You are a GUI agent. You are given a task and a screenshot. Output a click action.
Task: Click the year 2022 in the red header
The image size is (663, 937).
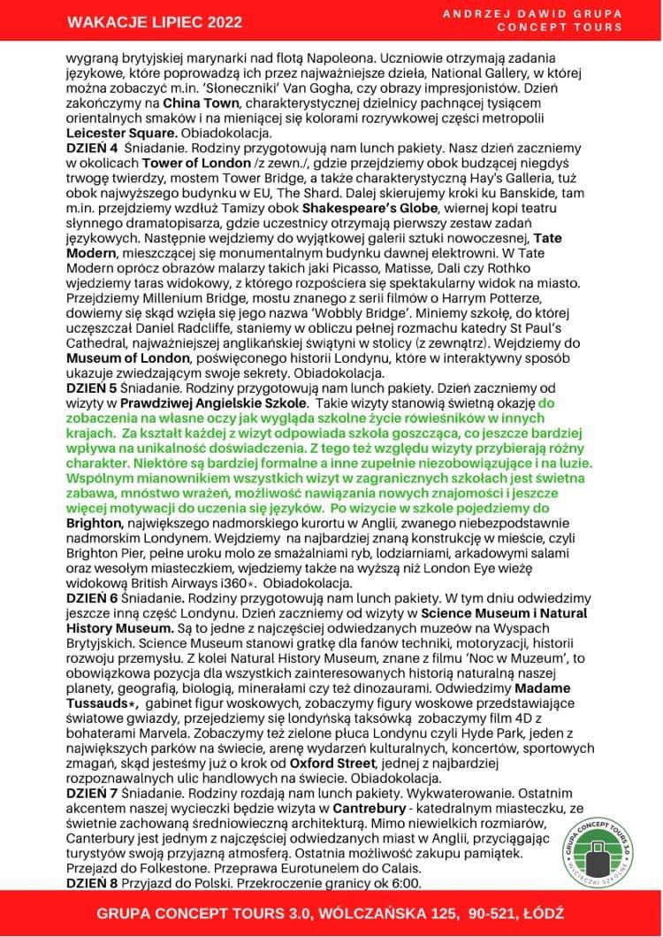pos(224,21)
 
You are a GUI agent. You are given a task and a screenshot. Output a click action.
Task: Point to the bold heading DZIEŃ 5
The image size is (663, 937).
pos(93,389)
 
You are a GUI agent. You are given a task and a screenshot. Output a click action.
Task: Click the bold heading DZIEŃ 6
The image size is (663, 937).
pos(93,599)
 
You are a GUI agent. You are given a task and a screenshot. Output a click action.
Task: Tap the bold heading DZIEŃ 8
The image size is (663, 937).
pos(93,883)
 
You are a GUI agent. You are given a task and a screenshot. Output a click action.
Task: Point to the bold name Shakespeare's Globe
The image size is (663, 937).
pos(363,209)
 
